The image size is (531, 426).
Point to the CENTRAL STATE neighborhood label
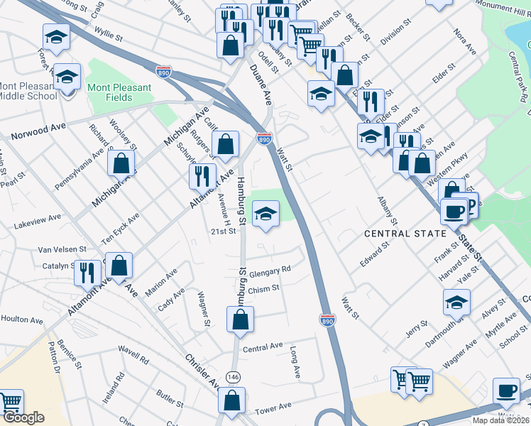pyautogui.click(x=405, y=233)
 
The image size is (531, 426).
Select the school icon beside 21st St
pyautogui.click(x=265, y=214)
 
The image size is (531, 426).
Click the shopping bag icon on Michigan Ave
pyautogui.click(x=121, y=163)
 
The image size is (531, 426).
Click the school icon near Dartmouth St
pyautogui.click(x=456, y=302)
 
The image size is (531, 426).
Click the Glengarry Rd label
pyautogui.click(x=271, y=269)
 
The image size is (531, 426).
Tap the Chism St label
pyautogui.click(x=264, y=288)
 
